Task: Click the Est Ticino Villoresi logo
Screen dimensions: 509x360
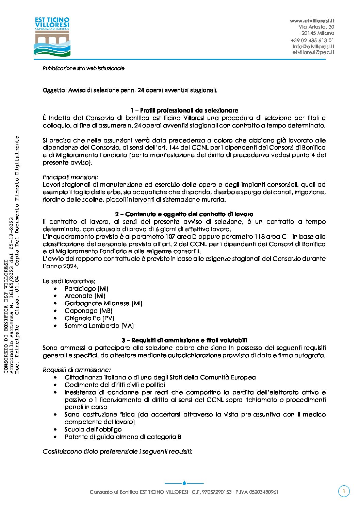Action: pyautogui.click(x=52, y=37)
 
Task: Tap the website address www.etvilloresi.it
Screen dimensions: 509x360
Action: pyautogui.click(x=312, y=21)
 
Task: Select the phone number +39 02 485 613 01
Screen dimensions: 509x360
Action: pyautogui.click(x=312, y=40)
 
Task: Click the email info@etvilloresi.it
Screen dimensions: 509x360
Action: pyautogui.click(x=313, y=46)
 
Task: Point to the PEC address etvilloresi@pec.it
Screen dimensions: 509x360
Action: pyautogui.click(x=313, y=52)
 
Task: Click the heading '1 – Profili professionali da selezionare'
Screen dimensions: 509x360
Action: pyautogui.click(x=184, y=111)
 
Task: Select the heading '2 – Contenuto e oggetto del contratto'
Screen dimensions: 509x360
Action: pyautogui.click(x=184, y=214)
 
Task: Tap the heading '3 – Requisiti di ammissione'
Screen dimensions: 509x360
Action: pyautogui.click(x=184, y=340)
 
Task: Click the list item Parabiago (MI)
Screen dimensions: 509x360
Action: pyautogui.click(x=86, y=289)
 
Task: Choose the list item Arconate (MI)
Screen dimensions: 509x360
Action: pyautogui.click(x=85, y=296)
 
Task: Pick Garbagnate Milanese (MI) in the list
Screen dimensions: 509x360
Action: pyautogui.click(x=103, y=303)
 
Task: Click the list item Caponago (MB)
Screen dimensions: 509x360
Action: pyautogui.click(x=88, y=311)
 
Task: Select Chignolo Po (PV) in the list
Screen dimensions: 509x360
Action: pyautogui.click(x=89, y=318)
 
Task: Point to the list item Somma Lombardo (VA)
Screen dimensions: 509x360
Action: pyautogui.click(x=99, y=326)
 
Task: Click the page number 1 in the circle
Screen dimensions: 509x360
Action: pyautogui.click(x=344, y=491)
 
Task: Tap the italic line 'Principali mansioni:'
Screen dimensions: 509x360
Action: pyautogui.click(x=70, y=177)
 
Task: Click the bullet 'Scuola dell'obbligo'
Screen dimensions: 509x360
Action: pyautogui.click(x=93, y=429)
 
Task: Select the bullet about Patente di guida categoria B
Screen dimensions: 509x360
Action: pyautogui.click(x=123, y=437)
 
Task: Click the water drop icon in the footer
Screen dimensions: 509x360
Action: pyautogui.click(x=184, y=483)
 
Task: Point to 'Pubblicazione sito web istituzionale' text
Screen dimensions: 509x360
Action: pyautogui.click(x=84, y=68)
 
